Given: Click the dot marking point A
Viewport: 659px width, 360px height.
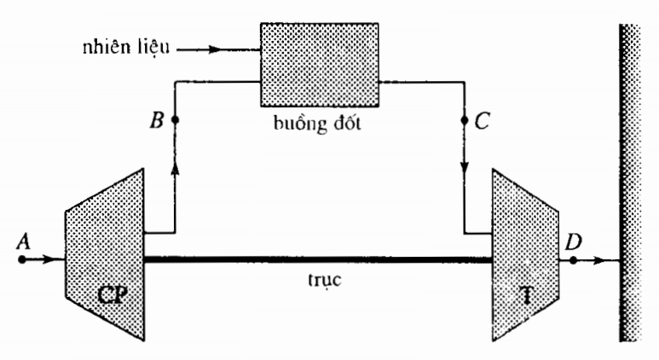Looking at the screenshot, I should point(22,258).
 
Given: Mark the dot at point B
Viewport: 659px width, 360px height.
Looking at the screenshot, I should point(175,119).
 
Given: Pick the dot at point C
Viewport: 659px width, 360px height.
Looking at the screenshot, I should point(465,119).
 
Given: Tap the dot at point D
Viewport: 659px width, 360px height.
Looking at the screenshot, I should point(574,258).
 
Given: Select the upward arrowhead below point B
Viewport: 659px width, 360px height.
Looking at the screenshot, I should point(175,171).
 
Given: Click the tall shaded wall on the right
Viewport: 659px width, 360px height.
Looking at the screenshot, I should point(635,179).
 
